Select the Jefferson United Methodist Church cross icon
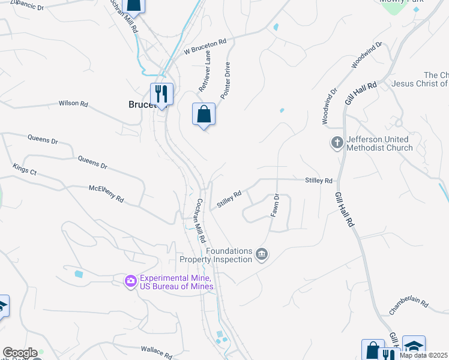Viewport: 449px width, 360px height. (337, 143)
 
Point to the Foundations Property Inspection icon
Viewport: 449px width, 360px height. (261, 254)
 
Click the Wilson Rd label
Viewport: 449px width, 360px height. (73, 103)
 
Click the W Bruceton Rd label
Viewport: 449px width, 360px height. (205, 46)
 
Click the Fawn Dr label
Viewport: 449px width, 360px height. (276, 205)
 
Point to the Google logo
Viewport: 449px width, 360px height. (20, 353)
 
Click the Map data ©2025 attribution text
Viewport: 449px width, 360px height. (423, 355)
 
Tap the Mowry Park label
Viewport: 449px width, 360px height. (402, 2)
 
